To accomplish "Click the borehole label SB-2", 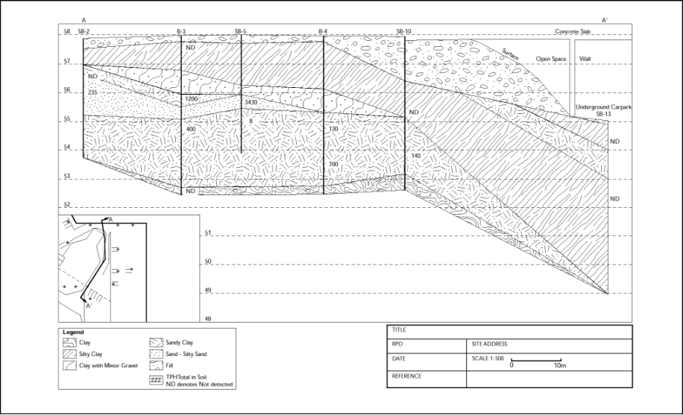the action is tap(84, 31).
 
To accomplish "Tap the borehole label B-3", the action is tap(181, 31).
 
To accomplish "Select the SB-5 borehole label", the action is tap(240, 31).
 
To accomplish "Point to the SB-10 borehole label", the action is tap(403, 31).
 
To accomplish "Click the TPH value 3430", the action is tap(251, 102).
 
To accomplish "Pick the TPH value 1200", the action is tap(191, 99).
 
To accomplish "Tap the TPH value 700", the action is tap(333, 164).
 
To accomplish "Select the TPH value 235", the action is tap(92, 92).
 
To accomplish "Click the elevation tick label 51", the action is tap(208, 233).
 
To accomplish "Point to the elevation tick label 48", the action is tap(208, 319).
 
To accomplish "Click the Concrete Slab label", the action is tap(573, 31).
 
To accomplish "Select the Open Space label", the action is tap(551, 59).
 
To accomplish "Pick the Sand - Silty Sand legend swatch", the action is tap(156, 354).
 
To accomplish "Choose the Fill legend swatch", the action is tap(156, 365).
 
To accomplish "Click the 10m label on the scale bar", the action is tap(560, 365).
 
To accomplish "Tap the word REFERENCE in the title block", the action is tap(407, 376).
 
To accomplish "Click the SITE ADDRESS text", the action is tap(490, 344).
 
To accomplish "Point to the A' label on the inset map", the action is tap(89, 305).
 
